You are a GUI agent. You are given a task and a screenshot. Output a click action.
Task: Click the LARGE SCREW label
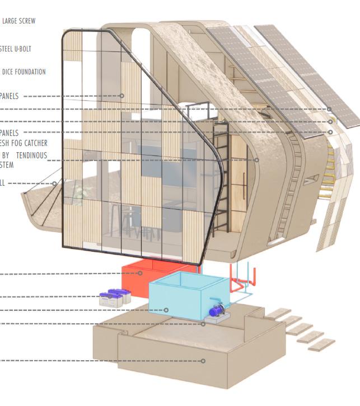pyautogui.click(x=18, y=21)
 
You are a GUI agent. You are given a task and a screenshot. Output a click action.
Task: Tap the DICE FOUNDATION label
pyautogui.click(x=24, y=72)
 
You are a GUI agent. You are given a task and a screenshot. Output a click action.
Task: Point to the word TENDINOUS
pyautogui.click(x=31, y=155)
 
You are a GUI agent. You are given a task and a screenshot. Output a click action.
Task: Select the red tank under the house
pyautogui.click(x=137, y=277)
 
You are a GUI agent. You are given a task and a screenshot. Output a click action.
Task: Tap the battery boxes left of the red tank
pyautogui.click(x=114, y=297)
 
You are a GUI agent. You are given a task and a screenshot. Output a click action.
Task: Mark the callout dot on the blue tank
pyautogui.click(x=166, y=310)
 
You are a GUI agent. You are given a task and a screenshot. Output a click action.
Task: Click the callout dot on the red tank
pyautogui.click(x=141, y=273)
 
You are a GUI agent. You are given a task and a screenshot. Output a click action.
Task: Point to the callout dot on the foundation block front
pyautogui.click(x=203, y=361)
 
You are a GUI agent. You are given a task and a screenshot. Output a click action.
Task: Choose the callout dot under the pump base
pyautogui.click(x=203, y=324)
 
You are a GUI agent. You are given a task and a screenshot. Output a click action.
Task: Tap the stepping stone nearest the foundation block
pyautogui.click(x=278, y=313)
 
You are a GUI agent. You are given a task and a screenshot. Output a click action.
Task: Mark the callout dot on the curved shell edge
pyautogui.click(x=257, y=160)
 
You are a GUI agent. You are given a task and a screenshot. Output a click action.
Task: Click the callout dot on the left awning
pyautogui.click(x=55, y=183)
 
